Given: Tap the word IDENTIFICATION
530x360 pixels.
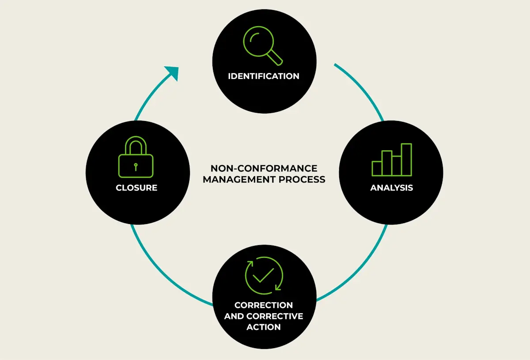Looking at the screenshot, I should coord(264,76).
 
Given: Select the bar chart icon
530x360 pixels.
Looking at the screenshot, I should coord(391,160).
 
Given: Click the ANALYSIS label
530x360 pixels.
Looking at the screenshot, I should coord(391,188).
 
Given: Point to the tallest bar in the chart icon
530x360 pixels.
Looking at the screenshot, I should coord(406,159).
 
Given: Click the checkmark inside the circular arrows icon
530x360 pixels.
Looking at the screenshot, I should coord(264,275).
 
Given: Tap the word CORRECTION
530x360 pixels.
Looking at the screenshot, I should coord(264,305).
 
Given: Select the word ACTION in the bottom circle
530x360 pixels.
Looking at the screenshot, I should coord(264,327).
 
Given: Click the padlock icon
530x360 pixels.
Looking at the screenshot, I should coord(136,157).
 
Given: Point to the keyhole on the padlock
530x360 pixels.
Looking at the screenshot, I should coord(136,166).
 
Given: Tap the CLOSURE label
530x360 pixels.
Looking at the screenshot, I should coord(136,188).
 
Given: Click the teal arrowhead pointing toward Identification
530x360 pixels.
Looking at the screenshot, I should coord(172,72).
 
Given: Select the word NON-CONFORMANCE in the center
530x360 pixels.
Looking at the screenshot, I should coord(264,169).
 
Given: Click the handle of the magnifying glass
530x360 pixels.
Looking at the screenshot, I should coord(276,57).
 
